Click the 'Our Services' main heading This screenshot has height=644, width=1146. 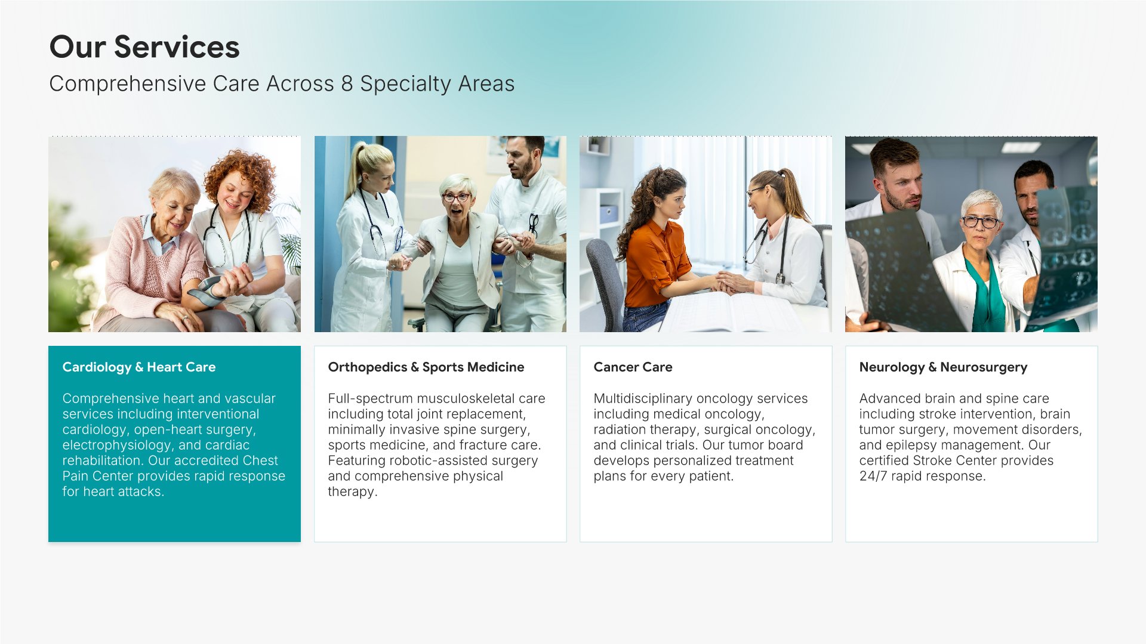(x=144, y=47)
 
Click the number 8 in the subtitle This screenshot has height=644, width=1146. (x=347, y=84)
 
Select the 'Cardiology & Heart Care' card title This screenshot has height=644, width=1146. (x=139, y=367)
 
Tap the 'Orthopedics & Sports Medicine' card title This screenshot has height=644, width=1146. (x=426, y=367)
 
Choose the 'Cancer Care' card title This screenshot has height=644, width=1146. (x=633, y=367)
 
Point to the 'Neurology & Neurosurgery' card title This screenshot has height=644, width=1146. (x=943, y=367)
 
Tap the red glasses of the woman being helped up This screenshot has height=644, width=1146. (x=457, y=197)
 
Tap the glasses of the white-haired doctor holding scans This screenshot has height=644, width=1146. (x=980, y=222)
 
